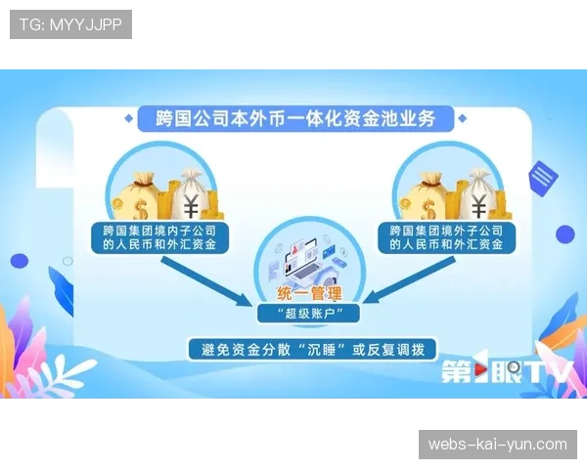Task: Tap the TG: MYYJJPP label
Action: [70, 24]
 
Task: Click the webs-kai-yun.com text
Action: [497, 445]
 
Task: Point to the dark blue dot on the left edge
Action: [19, 261]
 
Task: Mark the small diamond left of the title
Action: [129, 120]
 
